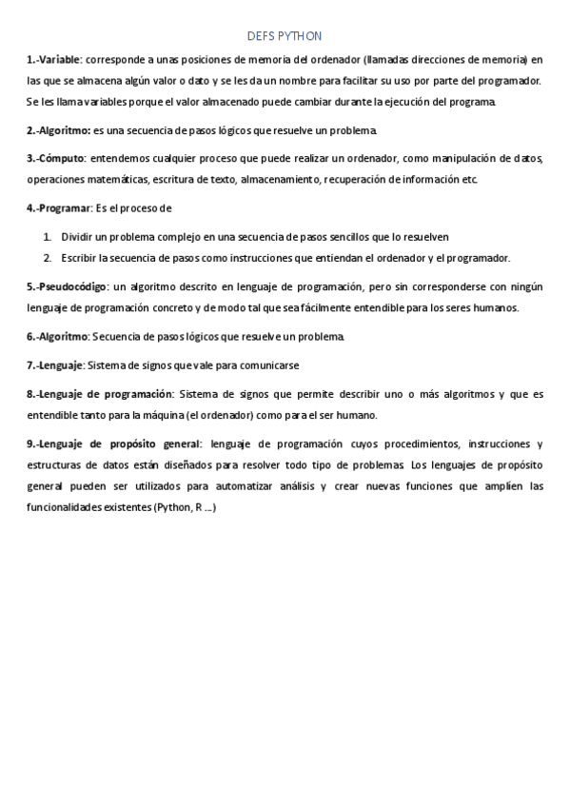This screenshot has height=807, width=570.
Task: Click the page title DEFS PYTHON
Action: pyautogui.click(x=284, y=36)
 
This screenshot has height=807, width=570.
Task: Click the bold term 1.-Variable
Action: pyautogui.click(x=54, y=59)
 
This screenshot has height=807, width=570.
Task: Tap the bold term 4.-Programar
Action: pyautogui.click(x=59, y=207)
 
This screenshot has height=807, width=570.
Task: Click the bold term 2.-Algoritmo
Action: pyautogui.click(x=58, y=129)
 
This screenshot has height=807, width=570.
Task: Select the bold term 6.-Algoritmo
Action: pyautogui.click(x=58, y=336)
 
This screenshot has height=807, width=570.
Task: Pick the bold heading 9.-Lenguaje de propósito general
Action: pyautogui.click(x=113, y=443)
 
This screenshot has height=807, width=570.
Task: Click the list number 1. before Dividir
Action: pyautogui.click(x=48, y=235)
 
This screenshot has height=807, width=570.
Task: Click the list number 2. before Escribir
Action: pyautogui.click(x=48, y=257)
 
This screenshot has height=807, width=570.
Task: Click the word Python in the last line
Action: pyautogui.click(x=173, y=508)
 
